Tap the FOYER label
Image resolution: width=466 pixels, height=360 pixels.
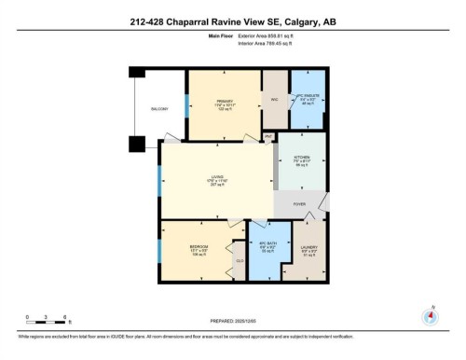pos(299,204)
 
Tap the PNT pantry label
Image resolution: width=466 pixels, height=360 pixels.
pos(267,137)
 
